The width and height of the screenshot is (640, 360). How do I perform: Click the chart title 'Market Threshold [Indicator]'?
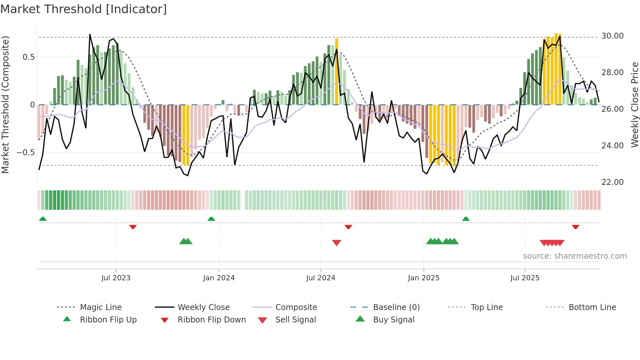(x=84, y=9)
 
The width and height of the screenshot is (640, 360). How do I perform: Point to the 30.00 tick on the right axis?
(x=612, y=36)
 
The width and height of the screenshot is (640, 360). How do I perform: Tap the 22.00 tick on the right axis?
(x=612, y=182)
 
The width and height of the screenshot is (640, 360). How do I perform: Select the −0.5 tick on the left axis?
(x=25, y=153)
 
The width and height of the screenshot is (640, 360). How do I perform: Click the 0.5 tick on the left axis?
(x=28, y=57)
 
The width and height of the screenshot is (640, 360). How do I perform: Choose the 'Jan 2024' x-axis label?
(x=219, y=278)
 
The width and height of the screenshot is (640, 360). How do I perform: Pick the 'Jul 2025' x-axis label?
(x=525, y=278)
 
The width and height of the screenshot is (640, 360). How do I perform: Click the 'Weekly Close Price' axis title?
(x=634, y=105)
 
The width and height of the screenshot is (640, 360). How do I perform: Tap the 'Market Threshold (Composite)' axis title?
(x=5, y=105)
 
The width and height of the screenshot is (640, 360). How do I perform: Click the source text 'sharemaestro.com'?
(x=575, y=256)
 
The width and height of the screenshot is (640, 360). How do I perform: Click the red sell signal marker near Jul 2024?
(x=336, y=243)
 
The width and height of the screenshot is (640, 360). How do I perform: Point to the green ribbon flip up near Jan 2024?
(x=211, y=219)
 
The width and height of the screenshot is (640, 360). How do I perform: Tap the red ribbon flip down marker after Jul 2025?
(x=575, y=227)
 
